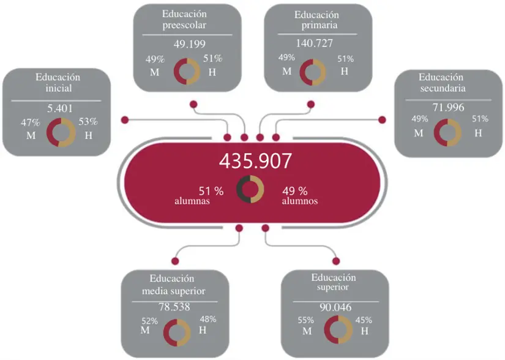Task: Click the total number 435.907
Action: [x=255, y=161]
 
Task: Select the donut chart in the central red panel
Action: [x=250, y=189]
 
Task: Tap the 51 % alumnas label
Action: [x=204, y=194]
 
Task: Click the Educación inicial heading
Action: [x=58, y=83]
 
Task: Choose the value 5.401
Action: [x=60, y=108]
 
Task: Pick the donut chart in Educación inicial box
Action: [x=60, y=132]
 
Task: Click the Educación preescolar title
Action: [x=185, y=20]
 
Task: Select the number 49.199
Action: [x=189, y=44]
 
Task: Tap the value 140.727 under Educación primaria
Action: [x=317, y=44]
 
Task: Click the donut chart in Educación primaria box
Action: [x=313, y=72]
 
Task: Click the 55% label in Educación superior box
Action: [x=306, y=320]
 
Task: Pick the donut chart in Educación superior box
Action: [x=338, y=330]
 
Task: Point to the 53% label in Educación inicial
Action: [x=89, y=122]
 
